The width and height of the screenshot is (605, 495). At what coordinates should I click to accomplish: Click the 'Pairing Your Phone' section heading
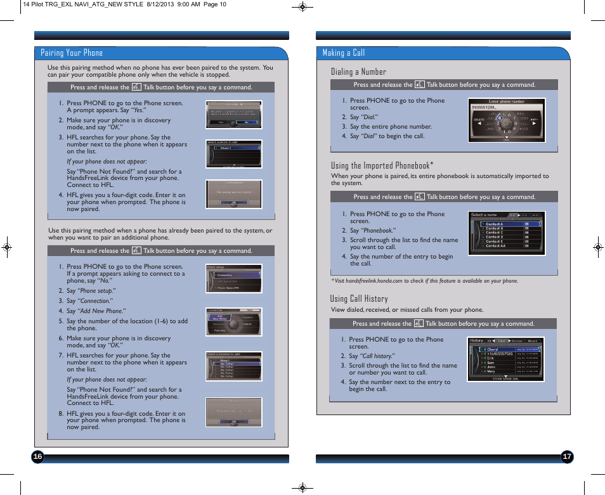72,53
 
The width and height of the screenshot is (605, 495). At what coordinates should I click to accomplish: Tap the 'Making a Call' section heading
344,53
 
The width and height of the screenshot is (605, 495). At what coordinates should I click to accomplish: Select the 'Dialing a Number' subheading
358,72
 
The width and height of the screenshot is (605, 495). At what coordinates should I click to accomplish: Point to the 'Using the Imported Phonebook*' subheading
382,165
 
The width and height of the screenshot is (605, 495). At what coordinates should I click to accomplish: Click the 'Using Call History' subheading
358,299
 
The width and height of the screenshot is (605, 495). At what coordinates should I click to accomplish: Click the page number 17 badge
567,457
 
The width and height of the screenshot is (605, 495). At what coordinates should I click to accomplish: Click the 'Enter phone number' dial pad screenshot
507,120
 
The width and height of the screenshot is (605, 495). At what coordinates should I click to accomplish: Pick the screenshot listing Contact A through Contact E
507,233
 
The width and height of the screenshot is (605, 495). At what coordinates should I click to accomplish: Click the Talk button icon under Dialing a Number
419,84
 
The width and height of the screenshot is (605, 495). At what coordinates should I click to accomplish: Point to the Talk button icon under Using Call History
419,323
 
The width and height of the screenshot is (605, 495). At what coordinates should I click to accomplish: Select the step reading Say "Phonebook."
372,231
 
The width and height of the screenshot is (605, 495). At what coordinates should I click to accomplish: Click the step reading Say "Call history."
371,356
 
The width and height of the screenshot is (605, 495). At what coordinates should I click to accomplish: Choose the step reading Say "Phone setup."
91,291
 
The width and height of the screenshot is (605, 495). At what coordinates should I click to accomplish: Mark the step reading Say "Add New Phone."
96,311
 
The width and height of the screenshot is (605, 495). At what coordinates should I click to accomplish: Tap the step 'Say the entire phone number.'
390,127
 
